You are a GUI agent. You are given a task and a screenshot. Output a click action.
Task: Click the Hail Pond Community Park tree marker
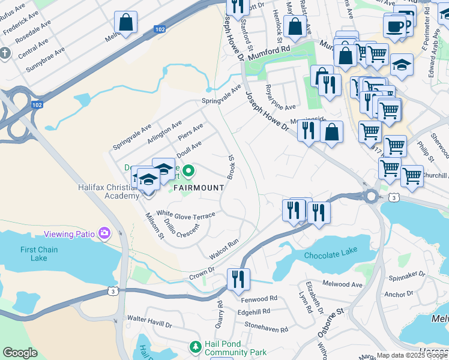[195, 347]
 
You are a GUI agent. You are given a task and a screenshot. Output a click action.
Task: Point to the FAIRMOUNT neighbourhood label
[199, 187]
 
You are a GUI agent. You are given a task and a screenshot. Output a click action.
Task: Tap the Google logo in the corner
[20, 353]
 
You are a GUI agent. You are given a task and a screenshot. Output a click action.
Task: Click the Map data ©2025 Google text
[411, 355]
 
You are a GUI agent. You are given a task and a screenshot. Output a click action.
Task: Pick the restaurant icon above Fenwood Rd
[238, 280]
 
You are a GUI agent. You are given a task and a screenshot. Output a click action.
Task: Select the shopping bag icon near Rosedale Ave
[125, 23]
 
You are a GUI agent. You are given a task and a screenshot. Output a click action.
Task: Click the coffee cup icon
[395, 26]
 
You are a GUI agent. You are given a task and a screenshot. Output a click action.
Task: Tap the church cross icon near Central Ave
[5, 53]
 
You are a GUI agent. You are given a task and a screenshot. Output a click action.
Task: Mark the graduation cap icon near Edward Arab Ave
[402, 64]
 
